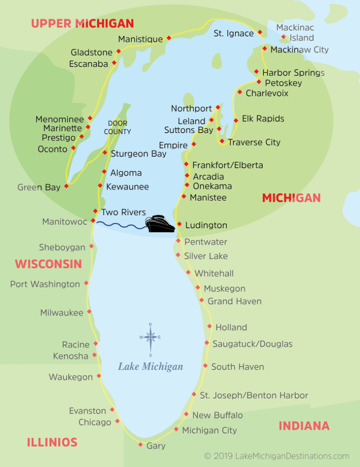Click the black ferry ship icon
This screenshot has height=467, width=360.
(160, 224)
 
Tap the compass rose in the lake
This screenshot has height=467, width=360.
(150, 338)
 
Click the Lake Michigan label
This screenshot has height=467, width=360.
(151, 367)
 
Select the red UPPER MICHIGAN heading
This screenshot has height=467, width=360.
(83, 23)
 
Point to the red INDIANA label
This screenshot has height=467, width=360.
(304, 426)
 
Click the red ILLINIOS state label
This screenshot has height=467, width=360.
(52, 442)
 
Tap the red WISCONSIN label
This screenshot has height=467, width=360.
(48, 264)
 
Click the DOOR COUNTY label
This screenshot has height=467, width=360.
(117, 128)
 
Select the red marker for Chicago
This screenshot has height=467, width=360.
(117, 421)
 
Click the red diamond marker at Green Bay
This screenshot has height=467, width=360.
(67, 186)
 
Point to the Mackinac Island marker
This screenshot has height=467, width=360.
(283, 37)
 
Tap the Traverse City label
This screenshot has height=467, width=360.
(254, 142)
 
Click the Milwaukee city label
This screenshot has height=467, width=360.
(62, 313)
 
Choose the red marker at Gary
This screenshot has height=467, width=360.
(141, 445)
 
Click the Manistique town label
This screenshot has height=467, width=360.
(141, 39)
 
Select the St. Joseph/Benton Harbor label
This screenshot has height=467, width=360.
(254, 395)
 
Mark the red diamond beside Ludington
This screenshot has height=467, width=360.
(179, 224)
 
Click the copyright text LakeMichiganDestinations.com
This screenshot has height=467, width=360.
(277, 456)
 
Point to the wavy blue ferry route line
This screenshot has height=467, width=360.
(121, 224)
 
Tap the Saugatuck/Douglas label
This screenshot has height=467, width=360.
(252, 344)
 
